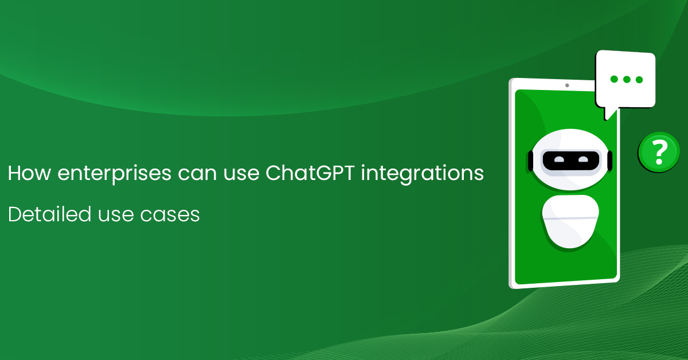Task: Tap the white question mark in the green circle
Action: pyautogui.click(x=660, y=152)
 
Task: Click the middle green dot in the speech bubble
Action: pyautogui.click(x=626, y=79)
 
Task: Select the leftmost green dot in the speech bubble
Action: pyautogui.click(x=613, y=79)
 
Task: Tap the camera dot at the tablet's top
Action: pyautogui.click(x=567, y=85)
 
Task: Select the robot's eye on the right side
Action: pyautogui.click(x=583, y=159)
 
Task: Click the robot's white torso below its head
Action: pyautogui.click(x=570, y=220)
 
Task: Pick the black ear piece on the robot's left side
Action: pyautogui.click(x=530, y=160)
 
